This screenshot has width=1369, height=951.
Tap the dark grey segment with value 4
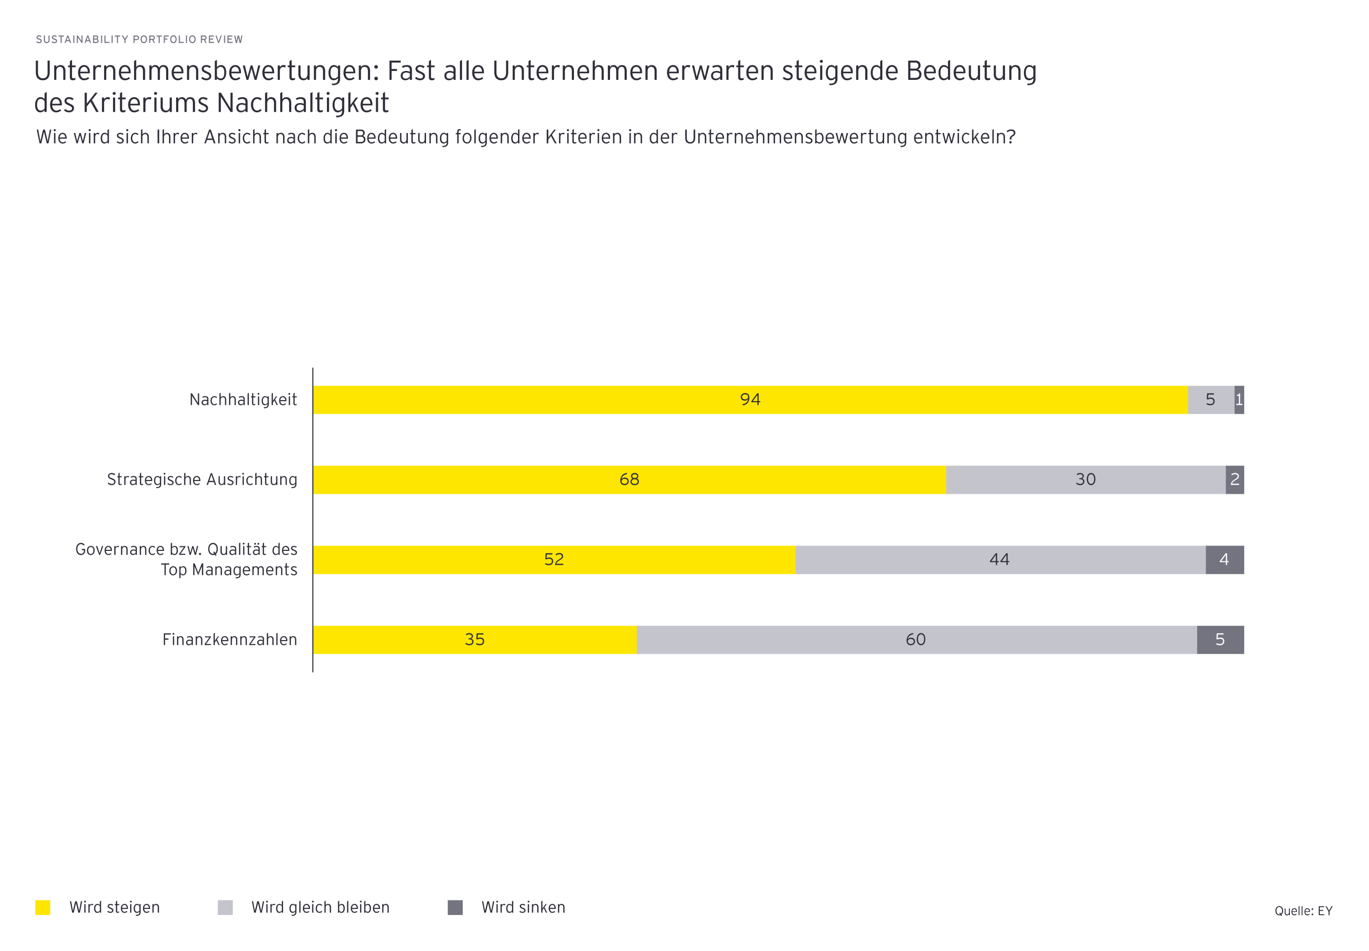[1224, 559]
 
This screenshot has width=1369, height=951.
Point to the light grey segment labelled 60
[916, 639]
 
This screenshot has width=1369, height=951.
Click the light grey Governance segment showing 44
[1000, 559]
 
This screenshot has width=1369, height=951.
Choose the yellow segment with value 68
[629, 480]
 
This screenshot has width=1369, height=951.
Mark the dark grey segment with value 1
[1239, 400]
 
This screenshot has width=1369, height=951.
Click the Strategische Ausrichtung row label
[202, 480]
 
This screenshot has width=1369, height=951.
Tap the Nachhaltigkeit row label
[243, 400]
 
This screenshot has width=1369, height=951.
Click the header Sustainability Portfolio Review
[139, 39]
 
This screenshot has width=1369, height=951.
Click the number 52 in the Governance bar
[554, 559]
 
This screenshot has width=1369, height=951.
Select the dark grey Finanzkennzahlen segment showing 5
[1220, 639]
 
